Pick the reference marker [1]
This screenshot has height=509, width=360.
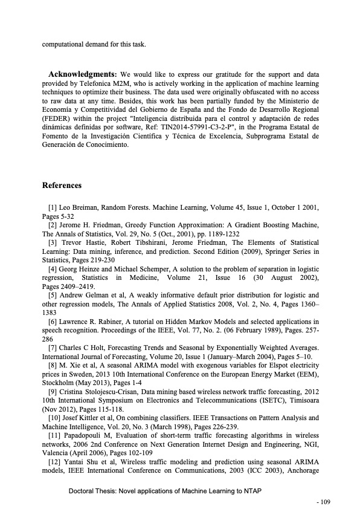point(53,207)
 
